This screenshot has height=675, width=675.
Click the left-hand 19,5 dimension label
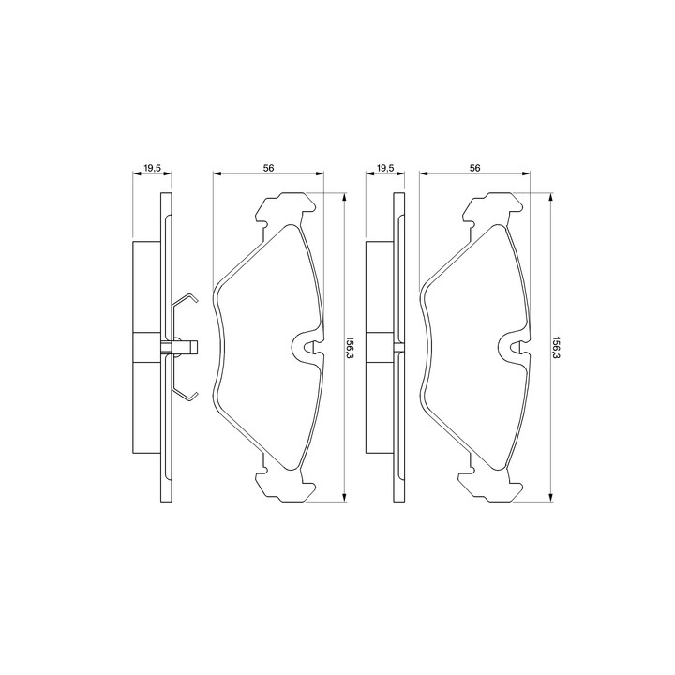(x=152, y=169)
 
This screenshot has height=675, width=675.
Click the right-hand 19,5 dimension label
(x=385, y=169)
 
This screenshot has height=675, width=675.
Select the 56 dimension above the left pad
(x=269, y=169)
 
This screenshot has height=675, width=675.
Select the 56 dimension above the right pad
(x=474, y=169)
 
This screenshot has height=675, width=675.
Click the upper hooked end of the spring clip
(x=193, y=298)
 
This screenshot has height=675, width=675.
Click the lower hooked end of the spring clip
(x=193, y=396)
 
